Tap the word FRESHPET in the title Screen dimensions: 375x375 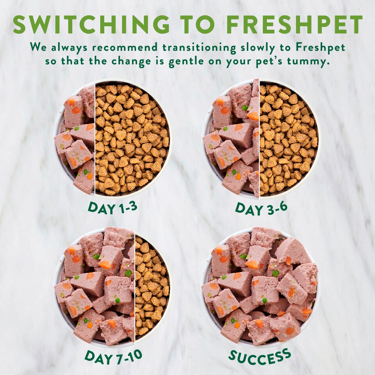pyautogui.click(x=295, y=24)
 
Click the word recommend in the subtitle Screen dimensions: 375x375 pyautogui.click(x=125, y=47)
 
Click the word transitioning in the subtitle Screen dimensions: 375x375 pyautogui.click(x=199, y=48)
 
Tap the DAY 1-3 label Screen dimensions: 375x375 pyautogui.click(x=112, y=207)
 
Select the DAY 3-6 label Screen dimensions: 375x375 pyautogui.click(x=261, y=208)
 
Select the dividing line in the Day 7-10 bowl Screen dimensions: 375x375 pyautogui.click(x=135, y=286)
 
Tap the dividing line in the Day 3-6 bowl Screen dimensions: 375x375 pyautogui.click(x=259, y=138)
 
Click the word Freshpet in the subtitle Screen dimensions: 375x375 pyautogui.click(x=320, y=47)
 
